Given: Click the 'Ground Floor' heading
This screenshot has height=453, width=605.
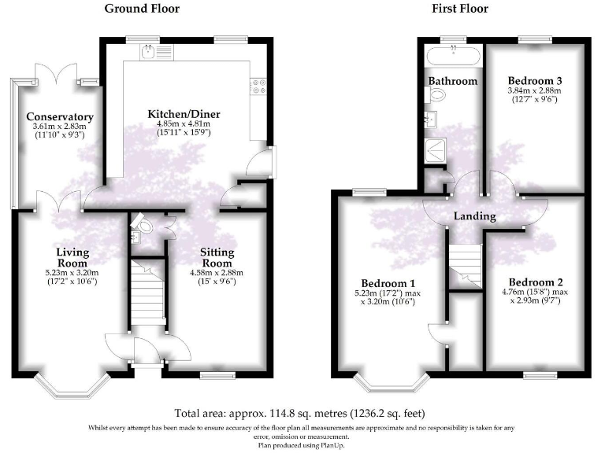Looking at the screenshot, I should coord(142,9).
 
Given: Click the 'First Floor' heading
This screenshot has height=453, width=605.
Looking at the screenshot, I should coord(460,9).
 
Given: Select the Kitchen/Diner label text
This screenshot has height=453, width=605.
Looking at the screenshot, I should coord(184,115).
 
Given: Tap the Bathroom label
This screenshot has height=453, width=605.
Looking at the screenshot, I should coord(452,81).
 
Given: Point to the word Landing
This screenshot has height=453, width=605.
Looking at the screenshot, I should coord(474,216).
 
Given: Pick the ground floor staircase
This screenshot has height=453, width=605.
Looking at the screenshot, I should coord(147,293).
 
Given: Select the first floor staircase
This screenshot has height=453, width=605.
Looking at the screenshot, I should coord(465,264).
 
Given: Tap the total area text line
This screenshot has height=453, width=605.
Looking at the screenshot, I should coord(301,413).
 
